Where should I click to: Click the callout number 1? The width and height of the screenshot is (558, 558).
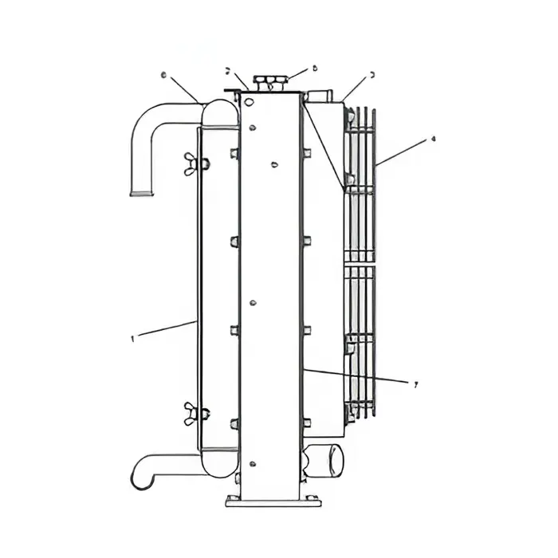tap(131, 338)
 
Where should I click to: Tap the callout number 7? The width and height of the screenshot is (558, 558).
tap(415, 383)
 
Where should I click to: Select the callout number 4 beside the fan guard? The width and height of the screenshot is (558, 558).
tap(433, 139)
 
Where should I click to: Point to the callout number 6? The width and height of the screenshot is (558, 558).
tap(163, 76)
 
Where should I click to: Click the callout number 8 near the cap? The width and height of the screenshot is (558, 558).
tap(315, 69)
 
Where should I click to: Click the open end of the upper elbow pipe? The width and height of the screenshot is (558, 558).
tap(141, 191)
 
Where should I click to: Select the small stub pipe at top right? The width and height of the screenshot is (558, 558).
tap(319, 96)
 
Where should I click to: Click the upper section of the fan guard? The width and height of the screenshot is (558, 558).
tap(360, 183)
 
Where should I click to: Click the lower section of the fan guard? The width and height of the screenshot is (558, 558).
tap(360, 343)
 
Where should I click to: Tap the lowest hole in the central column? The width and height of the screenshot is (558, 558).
tap(253, 464)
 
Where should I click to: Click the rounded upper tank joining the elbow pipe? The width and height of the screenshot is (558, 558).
tap(219, 112)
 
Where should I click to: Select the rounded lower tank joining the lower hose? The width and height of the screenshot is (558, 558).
tap(219, 460)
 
